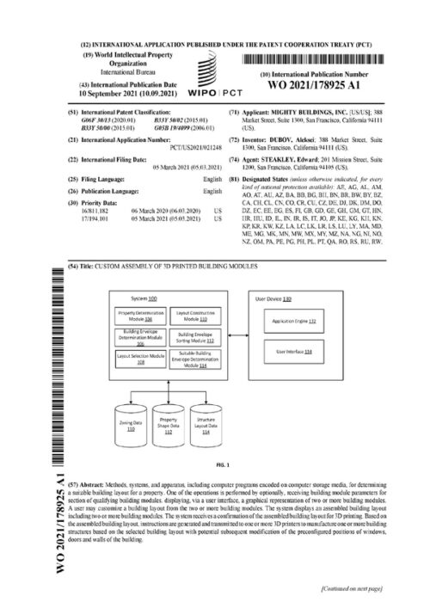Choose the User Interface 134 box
point(293,352)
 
